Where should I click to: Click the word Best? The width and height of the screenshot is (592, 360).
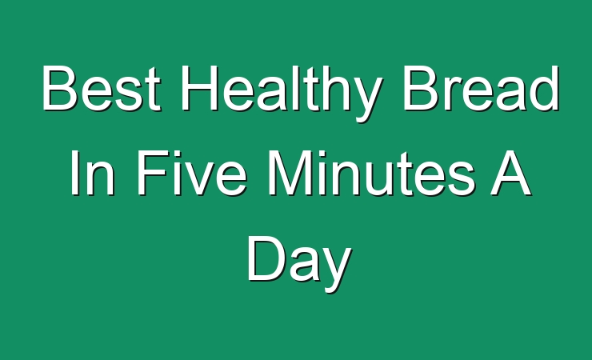point(101,88)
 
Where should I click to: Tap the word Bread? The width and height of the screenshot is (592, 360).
point(481,88)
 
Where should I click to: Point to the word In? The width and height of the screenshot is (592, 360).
point(92,173)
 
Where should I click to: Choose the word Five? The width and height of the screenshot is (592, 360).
point(192,173)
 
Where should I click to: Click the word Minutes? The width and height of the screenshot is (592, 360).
point(370,173)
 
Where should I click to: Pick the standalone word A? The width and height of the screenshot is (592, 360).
point(510,173)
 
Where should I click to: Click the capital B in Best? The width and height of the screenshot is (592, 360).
point(60,88)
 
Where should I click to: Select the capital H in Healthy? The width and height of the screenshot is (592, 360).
point(200,88)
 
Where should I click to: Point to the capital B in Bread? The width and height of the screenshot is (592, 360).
point(422,88)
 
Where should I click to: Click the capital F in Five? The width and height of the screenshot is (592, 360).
point(152,173)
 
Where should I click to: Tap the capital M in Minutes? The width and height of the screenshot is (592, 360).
point(290,173)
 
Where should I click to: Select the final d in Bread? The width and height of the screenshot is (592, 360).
point(544,88)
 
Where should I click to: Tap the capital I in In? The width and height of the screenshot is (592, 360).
point(74,173)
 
